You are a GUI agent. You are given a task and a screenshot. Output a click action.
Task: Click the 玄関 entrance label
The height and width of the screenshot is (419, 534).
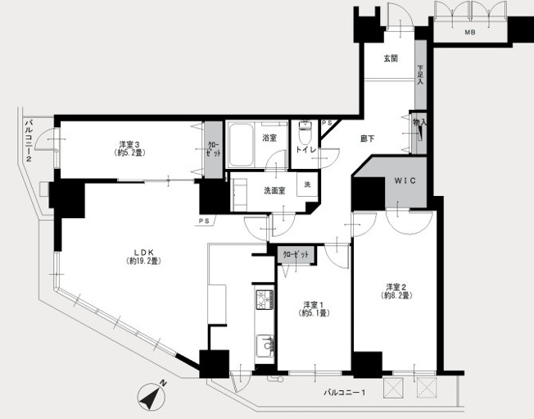[391, 59]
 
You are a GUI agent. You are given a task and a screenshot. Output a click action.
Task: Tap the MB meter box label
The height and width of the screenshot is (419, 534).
[470, 33]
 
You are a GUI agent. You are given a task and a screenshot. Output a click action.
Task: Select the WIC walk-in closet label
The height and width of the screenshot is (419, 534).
[405, 180]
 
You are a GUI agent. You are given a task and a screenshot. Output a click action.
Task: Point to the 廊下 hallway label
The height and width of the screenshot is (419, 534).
[368, 139]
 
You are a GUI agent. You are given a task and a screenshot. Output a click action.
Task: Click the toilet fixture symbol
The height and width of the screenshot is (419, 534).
[305, 133]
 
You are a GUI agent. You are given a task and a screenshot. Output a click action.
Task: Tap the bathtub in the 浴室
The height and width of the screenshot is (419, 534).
[241, 143]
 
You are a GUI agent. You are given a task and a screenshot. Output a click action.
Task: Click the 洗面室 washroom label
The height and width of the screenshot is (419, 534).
[274, 191]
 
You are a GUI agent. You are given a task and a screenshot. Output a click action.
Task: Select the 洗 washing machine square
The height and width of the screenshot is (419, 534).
[307, 184]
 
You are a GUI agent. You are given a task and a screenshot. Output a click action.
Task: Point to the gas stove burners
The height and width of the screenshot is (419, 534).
[265, 299]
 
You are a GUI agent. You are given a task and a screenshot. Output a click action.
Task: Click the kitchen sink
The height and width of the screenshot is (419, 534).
[265, 346]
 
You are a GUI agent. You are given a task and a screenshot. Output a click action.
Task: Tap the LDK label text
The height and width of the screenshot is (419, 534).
[143, 253]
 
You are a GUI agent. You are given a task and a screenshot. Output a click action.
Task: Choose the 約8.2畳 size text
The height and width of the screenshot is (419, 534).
[396, 295]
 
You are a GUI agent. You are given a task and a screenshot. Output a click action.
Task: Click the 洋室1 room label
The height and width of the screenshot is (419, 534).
[314, 304]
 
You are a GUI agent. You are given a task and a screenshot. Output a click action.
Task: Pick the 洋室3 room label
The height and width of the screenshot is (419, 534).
[129, 143]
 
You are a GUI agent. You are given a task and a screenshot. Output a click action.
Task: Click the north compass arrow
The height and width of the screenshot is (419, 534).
[152, 396]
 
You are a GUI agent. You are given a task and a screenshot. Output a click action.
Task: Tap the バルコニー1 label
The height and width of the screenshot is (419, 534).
[345, 393]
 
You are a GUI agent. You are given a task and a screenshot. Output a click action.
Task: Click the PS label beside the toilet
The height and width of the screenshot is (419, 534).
[327, 123]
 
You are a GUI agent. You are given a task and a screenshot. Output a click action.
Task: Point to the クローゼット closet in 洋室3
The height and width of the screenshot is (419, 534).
[213, 150]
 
